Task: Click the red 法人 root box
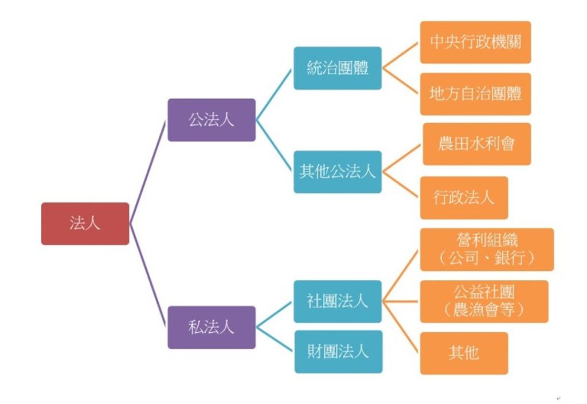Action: (85, 223)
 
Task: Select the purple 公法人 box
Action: (212, 120)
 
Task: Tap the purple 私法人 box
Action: (212, 327)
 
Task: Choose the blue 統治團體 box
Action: (338, 68)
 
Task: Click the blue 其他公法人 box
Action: (338, 172)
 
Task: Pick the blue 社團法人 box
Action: (338, 301)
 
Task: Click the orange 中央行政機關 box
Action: (475, 42)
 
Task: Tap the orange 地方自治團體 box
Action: (475, 94)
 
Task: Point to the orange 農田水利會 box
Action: (476, 144)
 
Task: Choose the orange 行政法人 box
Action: (464, 198)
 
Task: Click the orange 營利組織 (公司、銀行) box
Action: (487, 249)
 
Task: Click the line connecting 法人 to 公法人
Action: (148, 172)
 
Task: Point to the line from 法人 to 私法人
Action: (148, 275)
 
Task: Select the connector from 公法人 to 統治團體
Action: (275, 95)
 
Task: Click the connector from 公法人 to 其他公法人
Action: (275, 146)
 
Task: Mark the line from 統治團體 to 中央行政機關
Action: (401, 56)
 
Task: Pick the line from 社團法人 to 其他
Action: (401, 327)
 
